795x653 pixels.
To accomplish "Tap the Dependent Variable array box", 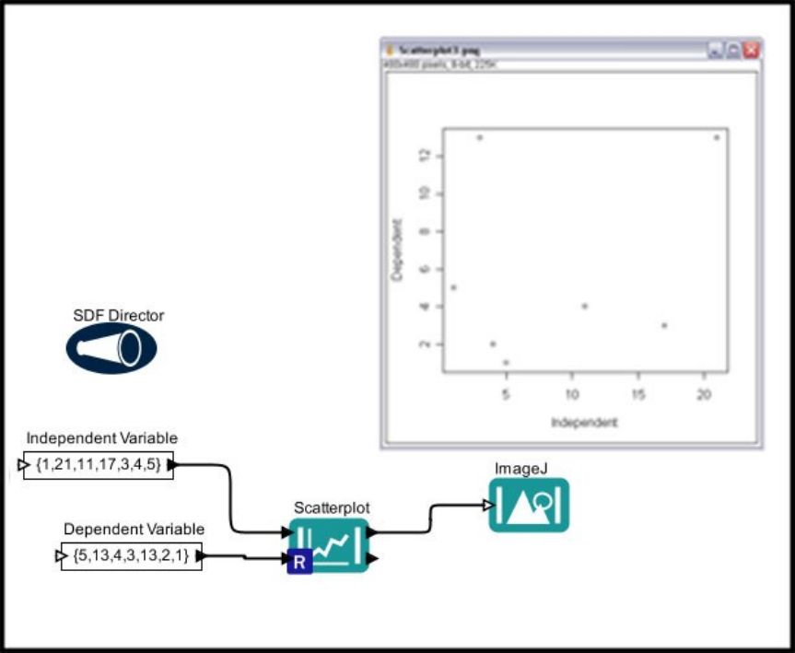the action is (131, 556).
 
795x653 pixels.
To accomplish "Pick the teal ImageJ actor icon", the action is (529, 505).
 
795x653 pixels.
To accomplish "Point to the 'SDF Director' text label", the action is (118, 316).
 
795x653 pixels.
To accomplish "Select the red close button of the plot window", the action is (752, 50).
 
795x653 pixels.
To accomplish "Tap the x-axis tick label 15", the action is (637, 394).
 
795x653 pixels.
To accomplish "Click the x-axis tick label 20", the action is (703, 394).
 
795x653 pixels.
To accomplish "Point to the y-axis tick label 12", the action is (425, 156).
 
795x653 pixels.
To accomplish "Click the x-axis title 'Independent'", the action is (584, 422).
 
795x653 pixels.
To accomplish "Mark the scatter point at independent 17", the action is (664, 325).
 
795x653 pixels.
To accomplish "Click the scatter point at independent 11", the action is (585, 306).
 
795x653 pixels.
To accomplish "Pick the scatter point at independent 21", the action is (717, 137).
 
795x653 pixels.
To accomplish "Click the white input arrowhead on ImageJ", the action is (485, 504).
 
